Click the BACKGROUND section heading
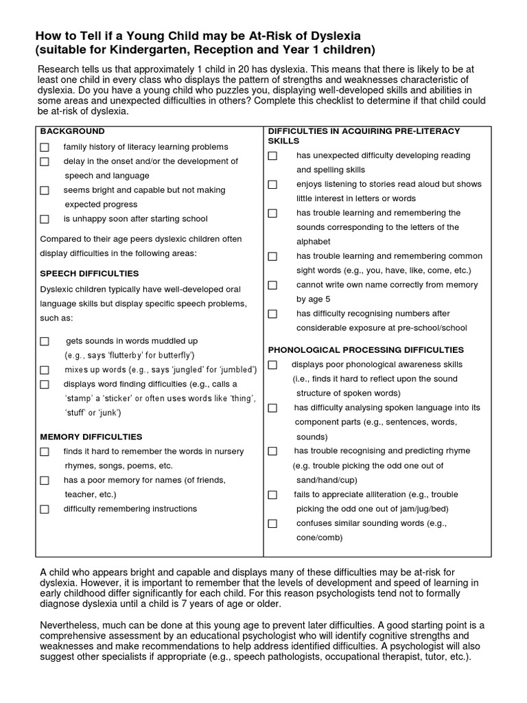click(x=72, y=131)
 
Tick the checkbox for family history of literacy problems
click(x=45, y=148)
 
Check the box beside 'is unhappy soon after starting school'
click(x=45, y=220)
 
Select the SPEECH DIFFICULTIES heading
click(x=89, y=273)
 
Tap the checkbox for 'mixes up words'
click(x=45, y=370)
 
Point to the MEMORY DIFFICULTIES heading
click(x=91, y=437)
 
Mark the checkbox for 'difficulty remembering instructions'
click(x=45, y=509)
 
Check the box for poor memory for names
click(x=45, y=481)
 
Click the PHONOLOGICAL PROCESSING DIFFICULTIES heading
click(x=366, y=350)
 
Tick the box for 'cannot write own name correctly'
click(x=272, y=285)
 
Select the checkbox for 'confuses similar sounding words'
click(x=272, y=524)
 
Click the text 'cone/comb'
click(x=319, y=538)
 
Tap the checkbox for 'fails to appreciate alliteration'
click(x=272, y=495)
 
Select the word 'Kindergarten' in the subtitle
click(x=121, y=49)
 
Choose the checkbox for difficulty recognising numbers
click(x=272, y=314)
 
